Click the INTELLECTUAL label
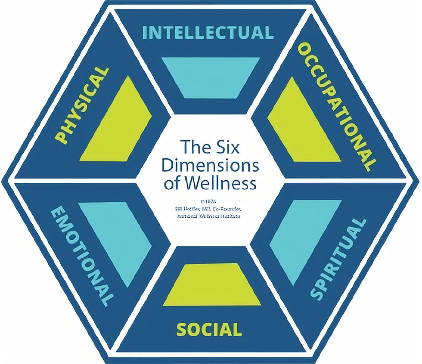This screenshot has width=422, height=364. coord(208,33)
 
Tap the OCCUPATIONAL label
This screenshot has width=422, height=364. coord(337,105)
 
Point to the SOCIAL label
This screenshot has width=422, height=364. coord(209,330)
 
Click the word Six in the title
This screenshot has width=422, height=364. coord(224,147)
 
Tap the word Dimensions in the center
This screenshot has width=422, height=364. coord(211,165)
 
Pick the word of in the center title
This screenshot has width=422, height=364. coord(171,184)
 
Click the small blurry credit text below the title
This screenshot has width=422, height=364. coord(209,208)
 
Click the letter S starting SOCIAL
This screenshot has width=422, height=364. coord(181,330)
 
